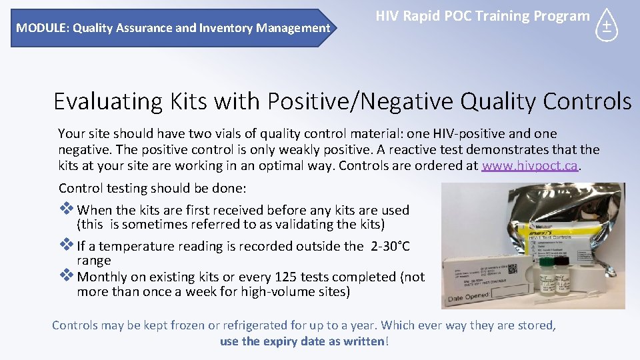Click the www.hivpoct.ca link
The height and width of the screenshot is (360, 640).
(529, 166)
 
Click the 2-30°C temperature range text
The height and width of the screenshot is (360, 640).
(390, 247)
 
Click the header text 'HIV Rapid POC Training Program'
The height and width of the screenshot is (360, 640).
(483, 16)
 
